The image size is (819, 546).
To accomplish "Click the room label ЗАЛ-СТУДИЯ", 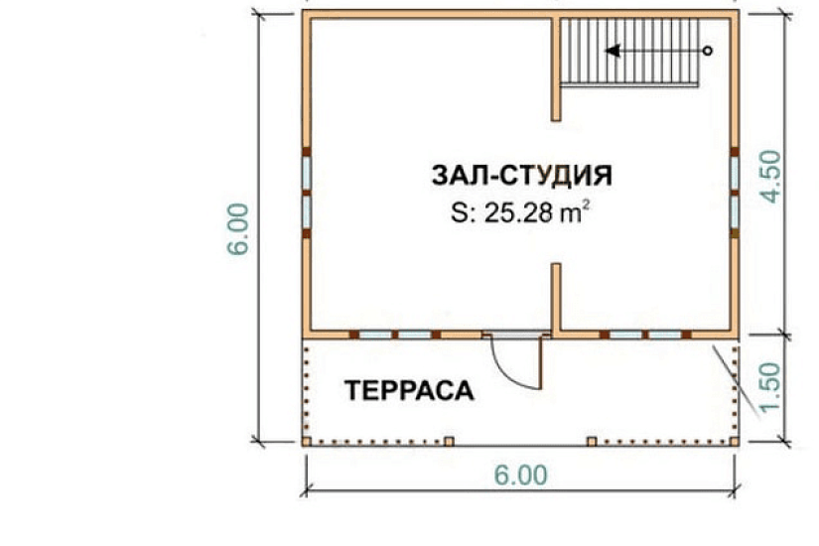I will pos(521,176).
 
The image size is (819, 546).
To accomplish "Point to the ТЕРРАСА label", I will pos(409,391).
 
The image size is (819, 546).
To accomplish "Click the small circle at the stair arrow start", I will pos(707,51).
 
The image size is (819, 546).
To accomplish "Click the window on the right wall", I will pos(735,193).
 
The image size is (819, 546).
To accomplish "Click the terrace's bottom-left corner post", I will pos(308,440).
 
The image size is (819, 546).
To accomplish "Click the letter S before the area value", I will pos(458,213).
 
